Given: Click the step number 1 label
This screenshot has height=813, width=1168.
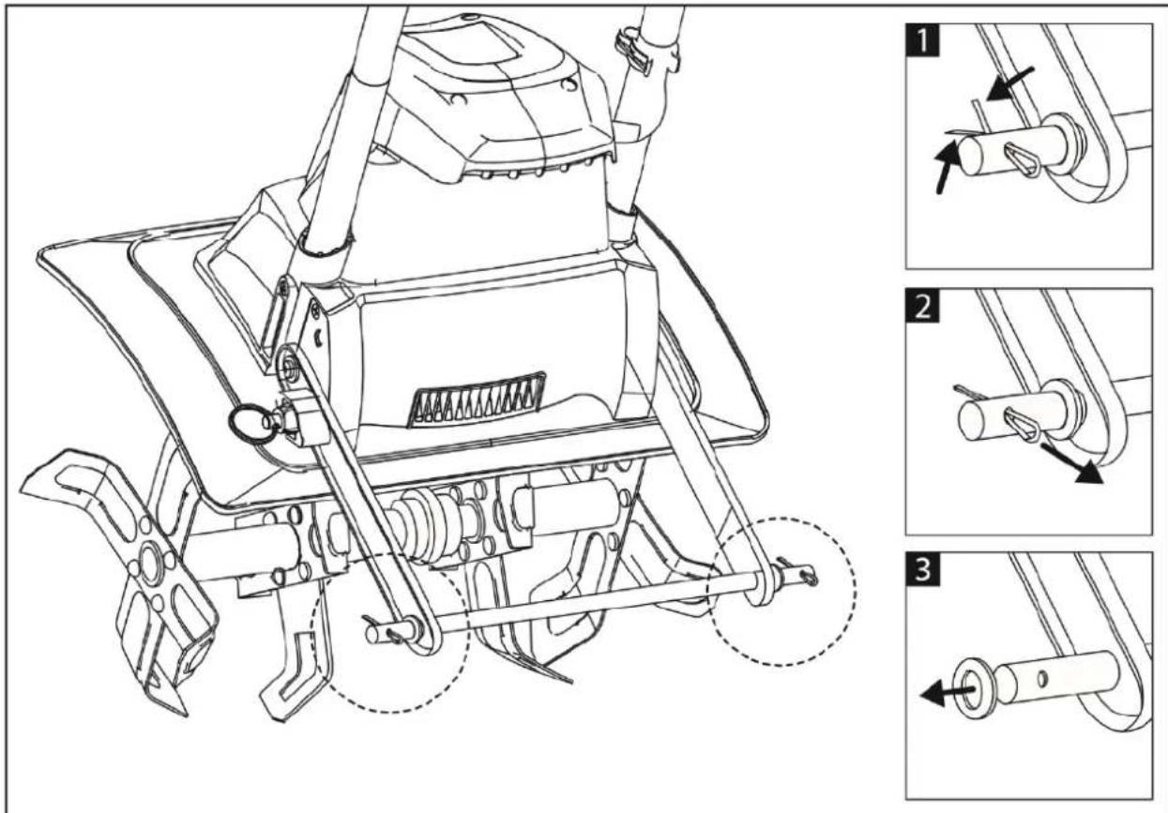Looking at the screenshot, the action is coord(922,40).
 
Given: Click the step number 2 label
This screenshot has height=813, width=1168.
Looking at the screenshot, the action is coord(922,305).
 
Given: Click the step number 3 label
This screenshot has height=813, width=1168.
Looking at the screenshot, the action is coord(922,568).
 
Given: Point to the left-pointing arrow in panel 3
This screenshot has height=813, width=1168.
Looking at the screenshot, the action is coord(947,694).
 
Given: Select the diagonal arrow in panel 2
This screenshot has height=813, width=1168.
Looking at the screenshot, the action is coord(1072,465).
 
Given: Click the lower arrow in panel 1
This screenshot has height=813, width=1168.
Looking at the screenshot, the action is coord(948,167).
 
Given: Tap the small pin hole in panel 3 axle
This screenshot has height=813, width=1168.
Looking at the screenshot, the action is coord(1042,679).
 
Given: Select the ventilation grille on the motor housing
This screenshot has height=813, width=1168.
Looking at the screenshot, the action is coord(478,399).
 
